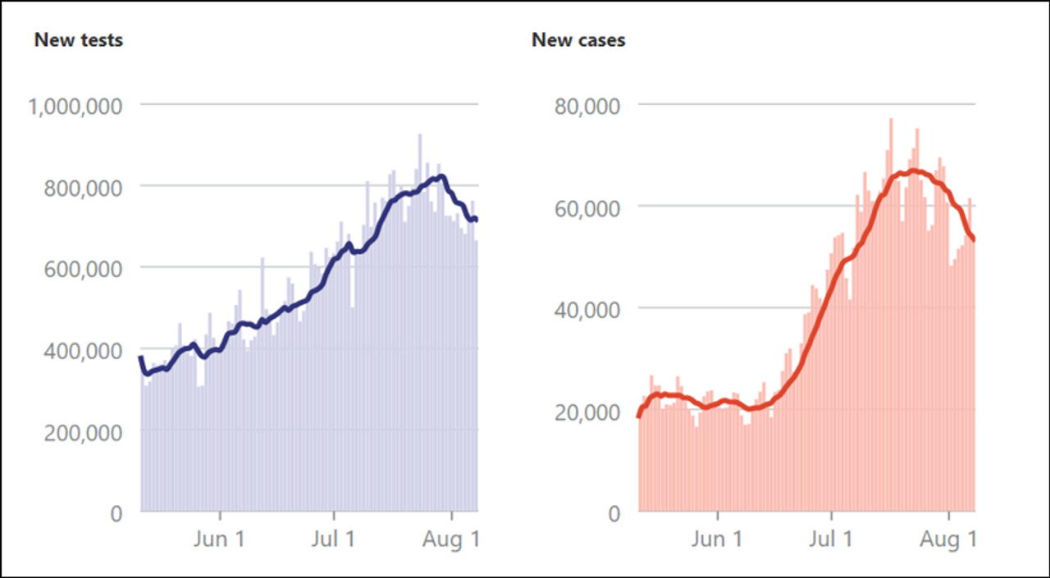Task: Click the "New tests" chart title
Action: [79, 39]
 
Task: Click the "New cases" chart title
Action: [578, 39]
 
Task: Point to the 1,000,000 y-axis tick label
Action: [75, 106]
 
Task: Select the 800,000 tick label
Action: [83, 187]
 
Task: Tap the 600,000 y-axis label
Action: [83, 268]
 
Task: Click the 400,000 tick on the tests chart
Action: [83, 350]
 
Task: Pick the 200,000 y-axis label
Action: [83, 431]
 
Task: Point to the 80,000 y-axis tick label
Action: [585, 106]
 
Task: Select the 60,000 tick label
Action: [585, 207]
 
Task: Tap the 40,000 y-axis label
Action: [585, 309]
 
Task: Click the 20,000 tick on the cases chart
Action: [585, 411]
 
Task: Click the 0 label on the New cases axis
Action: [614, 513]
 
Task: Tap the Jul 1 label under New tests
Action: [335, 539]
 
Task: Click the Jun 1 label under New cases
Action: [719, 539]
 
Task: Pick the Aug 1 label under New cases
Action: [950, 539]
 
